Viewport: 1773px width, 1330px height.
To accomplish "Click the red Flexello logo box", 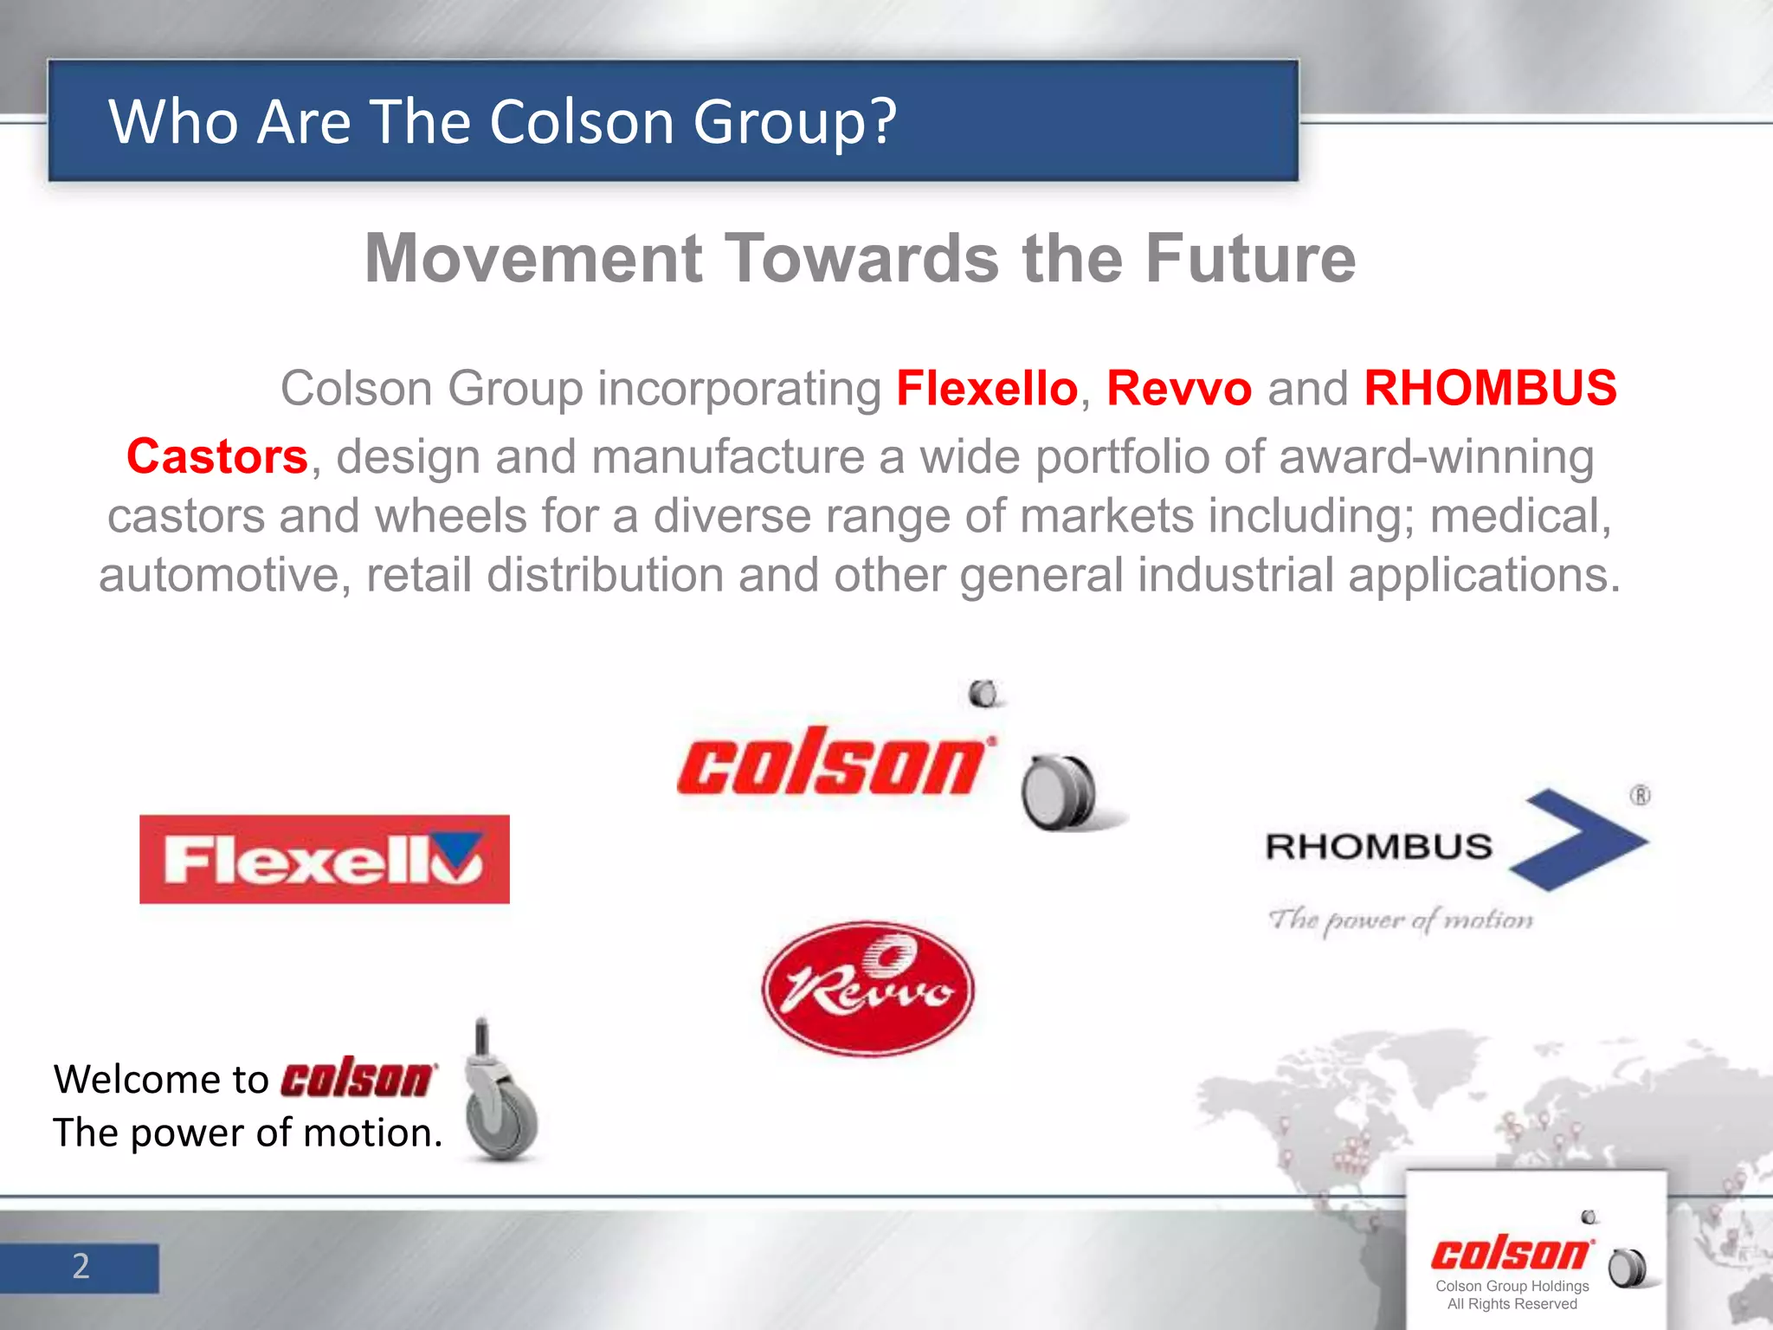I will point(324,859).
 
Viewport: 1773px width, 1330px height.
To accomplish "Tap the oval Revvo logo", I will point(868,988).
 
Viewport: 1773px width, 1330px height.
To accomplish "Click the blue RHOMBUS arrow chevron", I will point(1578,840).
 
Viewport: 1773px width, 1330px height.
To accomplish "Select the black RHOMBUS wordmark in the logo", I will point(1378,847).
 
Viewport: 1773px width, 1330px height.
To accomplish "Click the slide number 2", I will point(81,1267).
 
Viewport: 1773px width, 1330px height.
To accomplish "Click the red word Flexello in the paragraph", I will point(986,388).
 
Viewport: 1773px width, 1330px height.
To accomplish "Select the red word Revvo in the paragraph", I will point(1178,388).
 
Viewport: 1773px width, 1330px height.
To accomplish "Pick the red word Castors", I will point(217,456).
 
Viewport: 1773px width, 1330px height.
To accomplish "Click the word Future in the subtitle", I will point(1250,258).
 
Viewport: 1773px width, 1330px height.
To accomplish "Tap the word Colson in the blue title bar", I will point(581,121).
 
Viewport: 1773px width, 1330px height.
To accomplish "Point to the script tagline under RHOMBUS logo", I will point(1400,920).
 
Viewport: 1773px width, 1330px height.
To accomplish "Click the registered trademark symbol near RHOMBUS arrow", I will point(1640,795).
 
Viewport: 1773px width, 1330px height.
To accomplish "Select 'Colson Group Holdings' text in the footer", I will point(1512,1286).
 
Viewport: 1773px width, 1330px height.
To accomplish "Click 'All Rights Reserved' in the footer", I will point(1512,1304).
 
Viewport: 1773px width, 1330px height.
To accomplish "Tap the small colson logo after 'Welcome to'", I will point(358,1078).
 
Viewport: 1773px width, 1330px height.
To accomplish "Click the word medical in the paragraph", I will point(1519,516).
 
